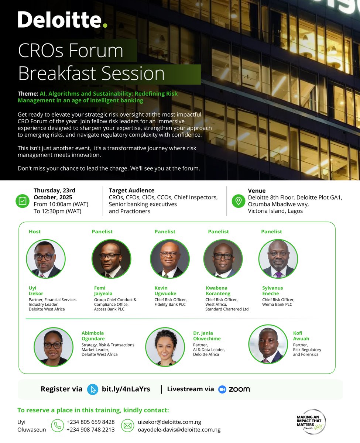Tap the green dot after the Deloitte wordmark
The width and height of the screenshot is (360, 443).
pyautogui.click(x=105, y=25)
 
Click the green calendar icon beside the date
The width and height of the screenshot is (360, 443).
pyautogui.click(x=22, y=201)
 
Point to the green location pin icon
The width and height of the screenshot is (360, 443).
pyautogui.click(x=239, y=201)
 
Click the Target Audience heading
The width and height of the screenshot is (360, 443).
pyautogui.click(x=131, y=190)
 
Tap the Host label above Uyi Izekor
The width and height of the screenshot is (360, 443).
pyautogui.click(x=35, y=231)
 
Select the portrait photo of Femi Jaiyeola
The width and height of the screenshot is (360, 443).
pyautogui.click(x=111, y=258)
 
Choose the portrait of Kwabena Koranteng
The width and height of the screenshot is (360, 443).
pyautogui.click(x=223, y=258)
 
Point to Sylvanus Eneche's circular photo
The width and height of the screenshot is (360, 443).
pyautogui.click(x=278, y=258)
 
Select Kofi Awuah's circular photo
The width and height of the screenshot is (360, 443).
pyautogui.click(x=268, y=344)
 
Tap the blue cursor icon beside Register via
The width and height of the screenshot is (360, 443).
pyautogui.click(x=92, y=389)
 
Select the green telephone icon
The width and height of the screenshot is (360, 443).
pyautogui.click(x=57, y=426)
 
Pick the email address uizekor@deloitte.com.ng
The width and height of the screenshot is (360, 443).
pyautogui.click(x=169, y=422)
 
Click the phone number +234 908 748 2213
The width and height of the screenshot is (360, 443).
pyautogui.click(x=90, y=430)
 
